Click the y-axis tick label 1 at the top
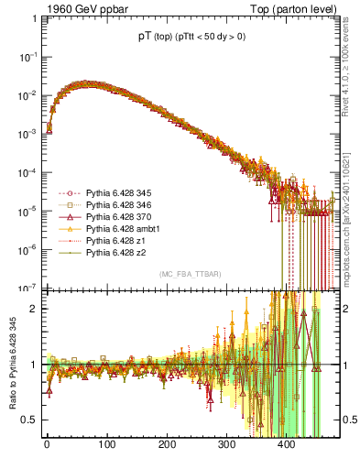33,17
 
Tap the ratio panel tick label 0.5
29,420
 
